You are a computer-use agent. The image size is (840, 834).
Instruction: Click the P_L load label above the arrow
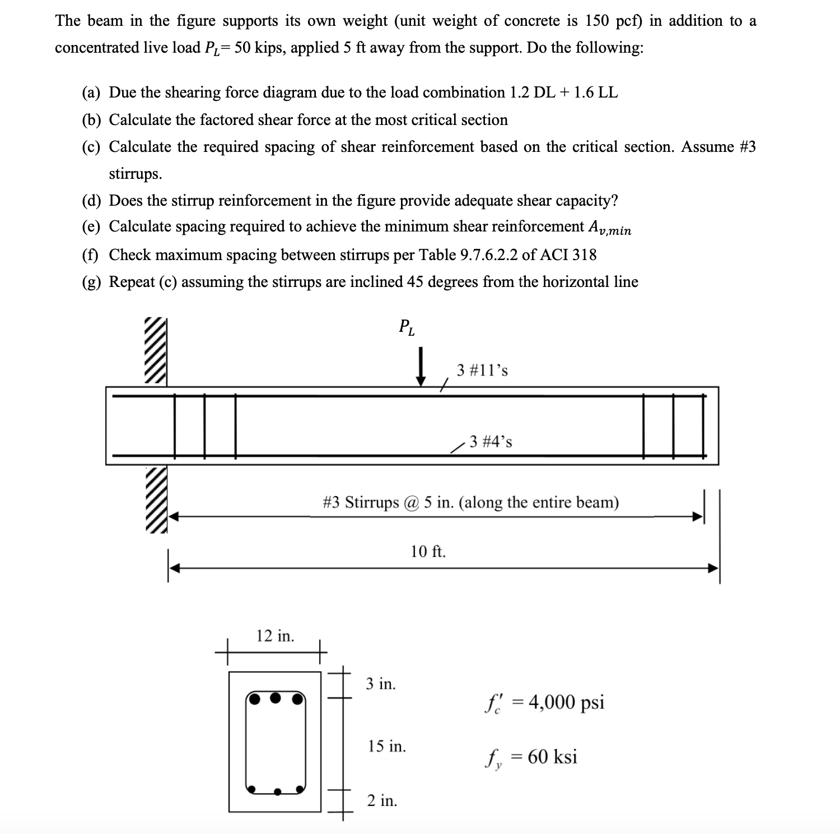(407, 327)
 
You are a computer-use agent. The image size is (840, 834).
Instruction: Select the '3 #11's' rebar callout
(482, 370)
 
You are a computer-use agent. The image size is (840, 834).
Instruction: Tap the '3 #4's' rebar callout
(491, 442)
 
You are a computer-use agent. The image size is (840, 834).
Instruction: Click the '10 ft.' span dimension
(428, 552)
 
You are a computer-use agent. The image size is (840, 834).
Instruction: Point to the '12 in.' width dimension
(275, 636)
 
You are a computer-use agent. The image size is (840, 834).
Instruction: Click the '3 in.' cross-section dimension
(381, 684)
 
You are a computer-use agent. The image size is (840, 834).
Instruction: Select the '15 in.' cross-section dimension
(387, 747)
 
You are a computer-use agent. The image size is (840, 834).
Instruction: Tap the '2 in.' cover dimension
(382, 801)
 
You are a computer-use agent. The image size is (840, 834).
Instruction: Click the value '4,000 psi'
(566, 702)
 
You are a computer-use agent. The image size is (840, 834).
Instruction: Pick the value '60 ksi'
(552, 757)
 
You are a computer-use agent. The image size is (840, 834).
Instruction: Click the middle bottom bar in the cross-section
(277, 791)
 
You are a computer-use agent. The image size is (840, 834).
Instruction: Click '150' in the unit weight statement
(599, 21)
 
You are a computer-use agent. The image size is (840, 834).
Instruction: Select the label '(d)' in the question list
(91, 201)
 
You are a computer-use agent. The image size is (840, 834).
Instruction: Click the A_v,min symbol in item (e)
(609, 228)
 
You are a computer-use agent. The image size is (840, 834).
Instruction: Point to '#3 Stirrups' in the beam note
(361, 502)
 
